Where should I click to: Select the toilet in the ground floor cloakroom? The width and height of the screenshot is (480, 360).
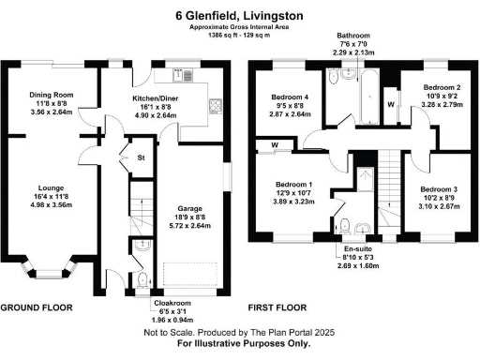click(x=141, y=280)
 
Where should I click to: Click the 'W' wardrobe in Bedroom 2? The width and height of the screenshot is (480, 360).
click(x=390, y=104)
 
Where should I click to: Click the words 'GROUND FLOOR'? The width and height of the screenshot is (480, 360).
click(x=37, y=307)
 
